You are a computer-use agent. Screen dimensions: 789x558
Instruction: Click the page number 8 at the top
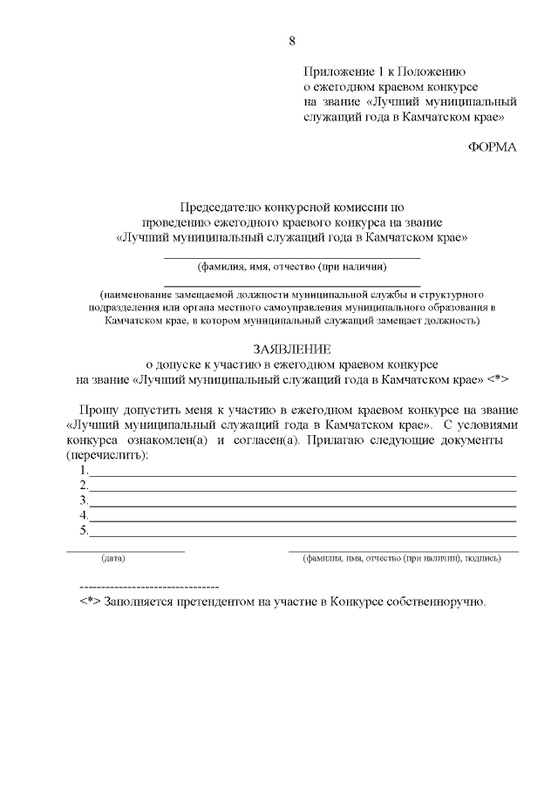tap(292, 40)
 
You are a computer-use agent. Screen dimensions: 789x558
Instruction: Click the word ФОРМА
tap(493, 146)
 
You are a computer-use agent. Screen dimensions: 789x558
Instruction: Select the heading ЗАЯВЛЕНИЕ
tap(292, 349)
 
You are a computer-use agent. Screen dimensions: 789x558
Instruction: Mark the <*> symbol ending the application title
tap(498, 379)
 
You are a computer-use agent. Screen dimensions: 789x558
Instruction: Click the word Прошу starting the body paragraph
tap(97, 410)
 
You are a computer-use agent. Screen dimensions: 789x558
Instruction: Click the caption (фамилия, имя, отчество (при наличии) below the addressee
tap(292, 267)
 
